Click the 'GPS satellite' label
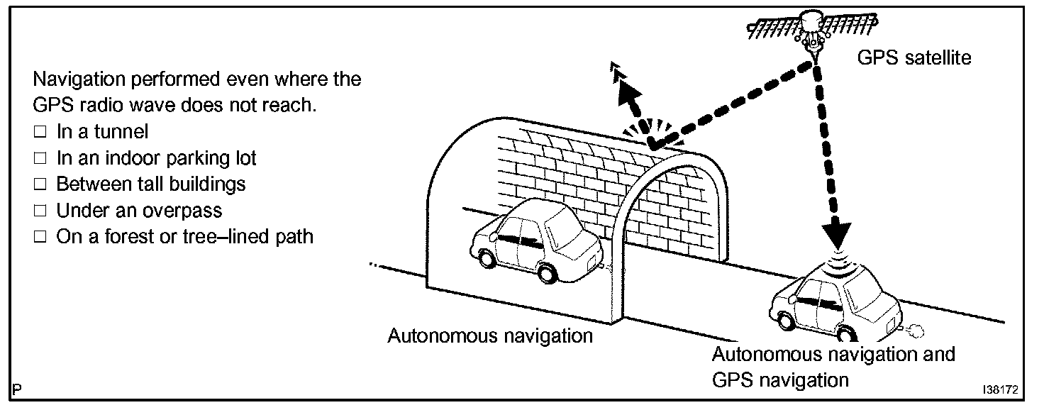(x=913, y=57)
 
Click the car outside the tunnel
(x=833, y=302)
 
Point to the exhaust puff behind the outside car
(x=915, y=329)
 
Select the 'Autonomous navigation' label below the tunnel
(x=489, y=335)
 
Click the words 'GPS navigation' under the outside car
(x=779, y=380)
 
